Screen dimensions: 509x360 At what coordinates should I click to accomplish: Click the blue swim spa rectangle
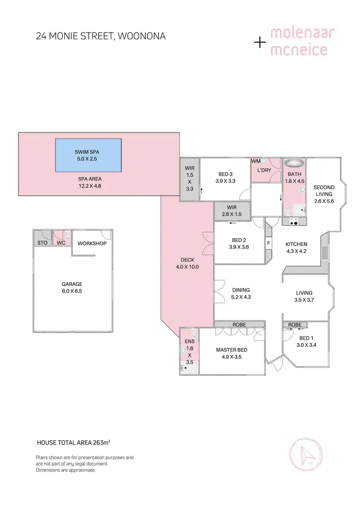tap(88, 155)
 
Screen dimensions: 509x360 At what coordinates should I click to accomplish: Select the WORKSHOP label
tap(92, 243)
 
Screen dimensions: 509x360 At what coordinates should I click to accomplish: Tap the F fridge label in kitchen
tap(269, 243)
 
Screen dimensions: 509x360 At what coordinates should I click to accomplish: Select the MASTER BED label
tap(231, 350)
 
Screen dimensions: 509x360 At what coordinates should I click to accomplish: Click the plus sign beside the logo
tap(260, 43)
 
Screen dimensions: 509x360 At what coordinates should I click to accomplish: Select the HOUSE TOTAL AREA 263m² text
tap(77, 442)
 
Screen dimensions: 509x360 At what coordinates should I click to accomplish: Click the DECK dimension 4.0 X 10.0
tap(187, 267)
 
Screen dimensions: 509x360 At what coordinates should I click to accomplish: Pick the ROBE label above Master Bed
tap(239, 325)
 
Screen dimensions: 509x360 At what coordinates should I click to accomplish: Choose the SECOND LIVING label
tap(324, 190)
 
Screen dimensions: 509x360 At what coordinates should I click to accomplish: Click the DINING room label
tap(241, 290)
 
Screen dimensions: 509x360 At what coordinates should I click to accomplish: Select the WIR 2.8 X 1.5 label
tap(232, 211)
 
